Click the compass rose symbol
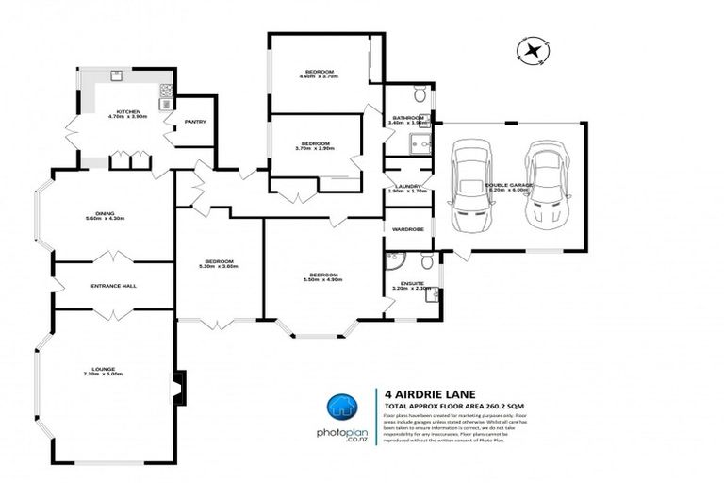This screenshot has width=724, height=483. [x=535, y=50]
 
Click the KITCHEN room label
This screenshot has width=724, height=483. [x=123, y=111]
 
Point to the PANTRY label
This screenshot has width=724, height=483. [x=195, y=121]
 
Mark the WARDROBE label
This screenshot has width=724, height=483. [x=408, y=228]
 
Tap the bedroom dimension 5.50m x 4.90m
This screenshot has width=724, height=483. [x=321, y=280]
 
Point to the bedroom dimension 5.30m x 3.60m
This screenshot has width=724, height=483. [x=219, y=266]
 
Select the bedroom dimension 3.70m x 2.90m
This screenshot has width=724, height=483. [x=314, y=148]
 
